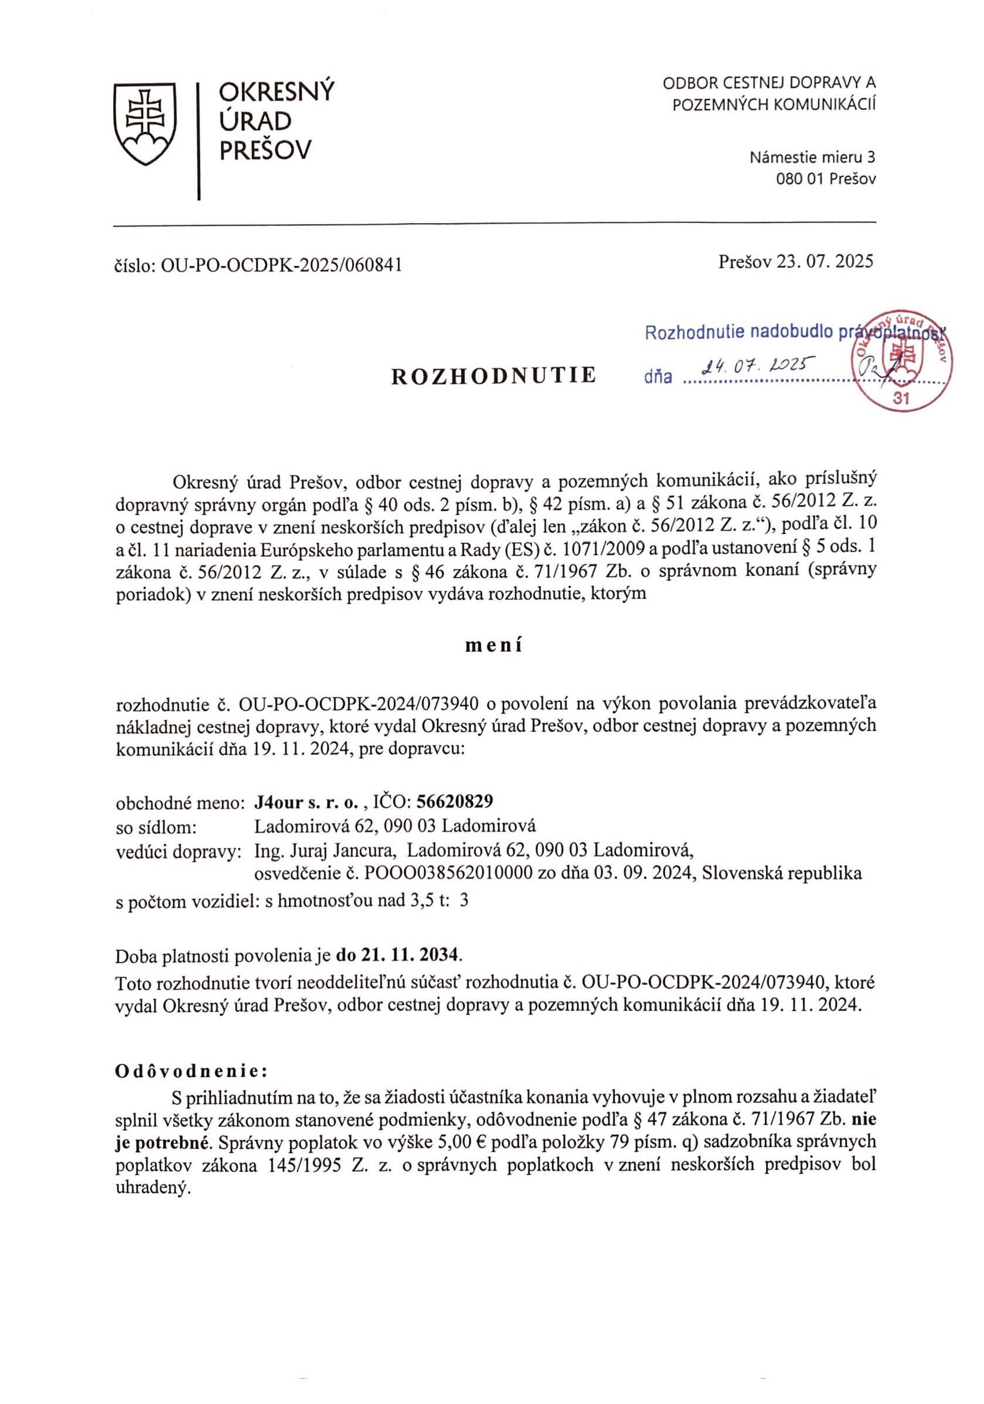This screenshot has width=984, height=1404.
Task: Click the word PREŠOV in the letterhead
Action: tap(265, 150)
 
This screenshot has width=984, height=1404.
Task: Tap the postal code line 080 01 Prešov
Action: tap(826, 179)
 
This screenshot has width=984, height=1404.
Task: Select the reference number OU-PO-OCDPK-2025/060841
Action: tap(281, 264)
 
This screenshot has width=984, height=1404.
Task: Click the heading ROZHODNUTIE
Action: tap(493, 375)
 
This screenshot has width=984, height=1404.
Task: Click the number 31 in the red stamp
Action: tap(901, 399)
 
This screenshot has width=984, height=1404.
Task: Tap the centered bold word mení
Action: tap(493, 646)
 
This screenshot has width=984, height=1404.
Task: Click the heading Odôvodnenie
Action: tap(191, 1071)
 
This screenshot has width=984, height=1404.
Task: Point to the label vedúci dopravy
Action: tap(178, 852)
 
